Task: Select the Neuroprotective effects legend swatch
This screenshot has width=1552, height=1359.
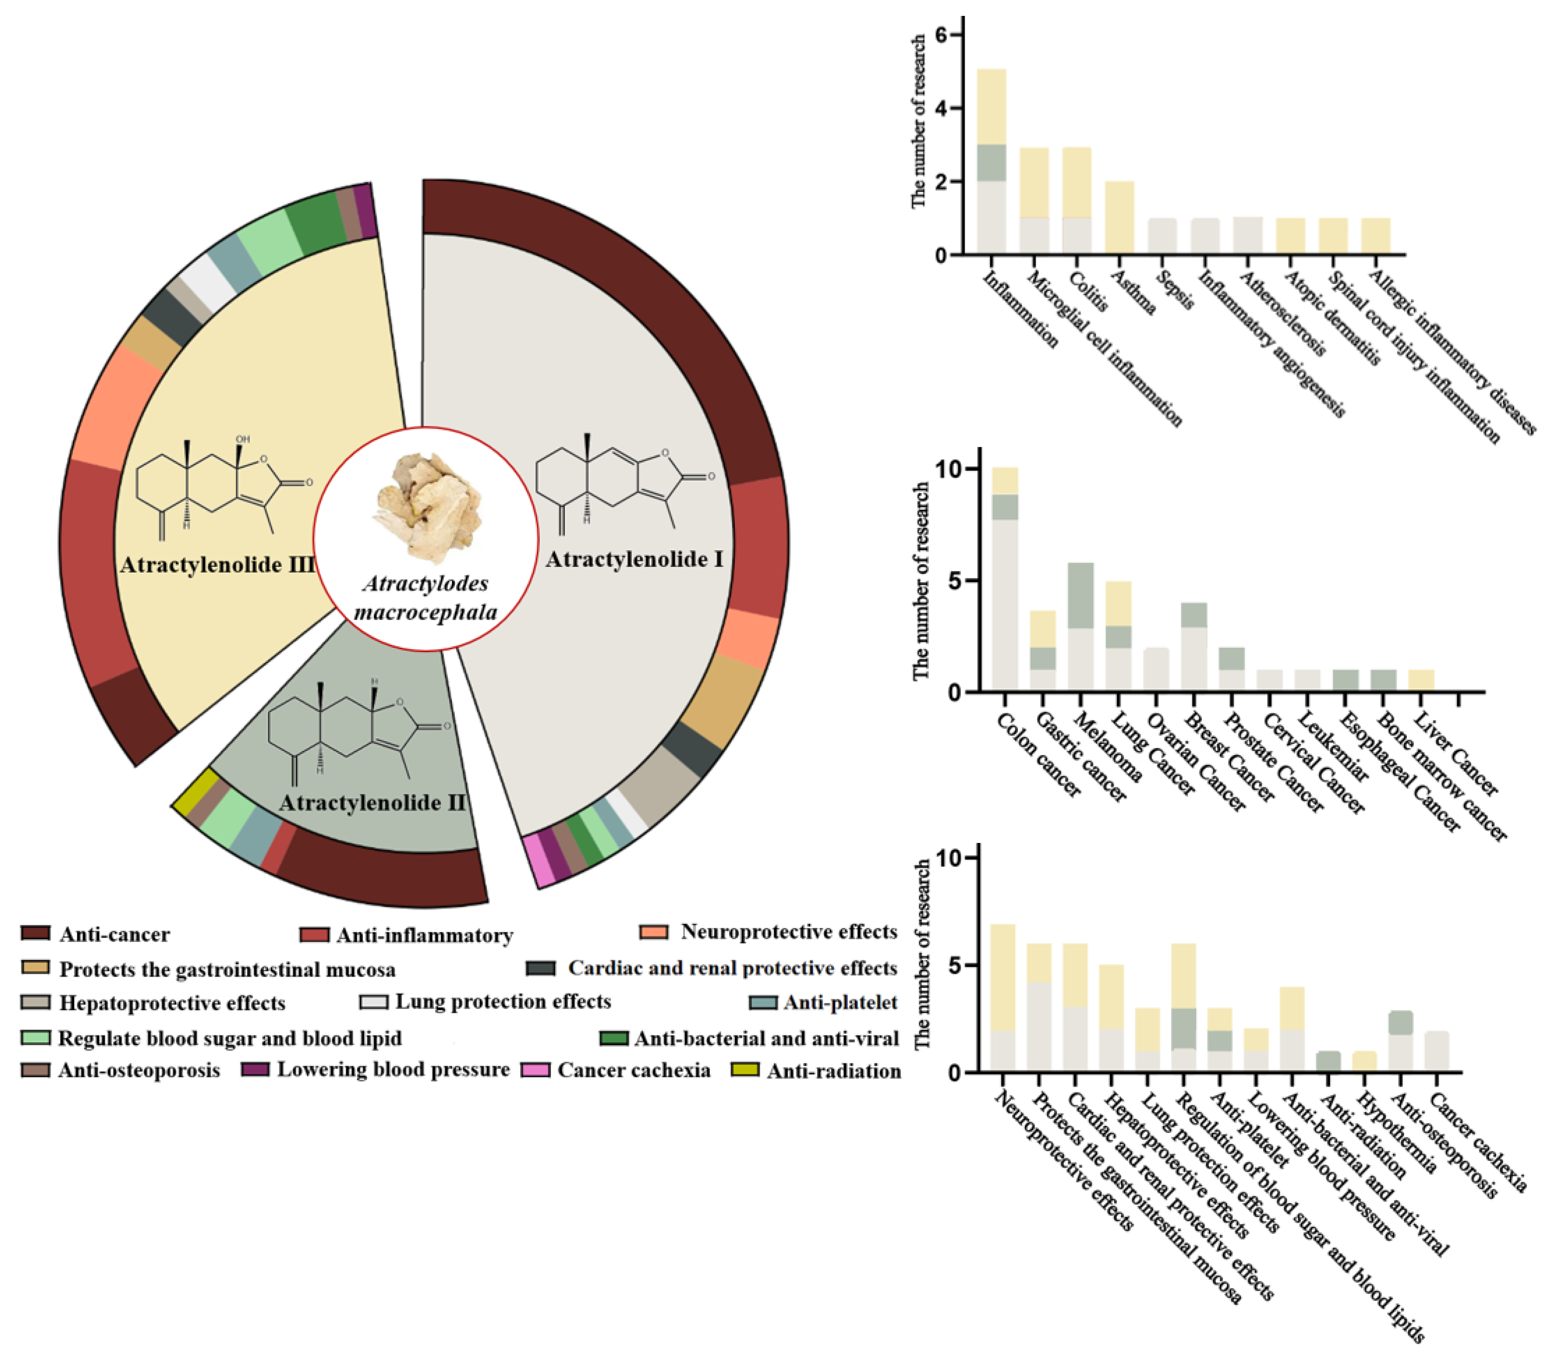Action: (654, 932)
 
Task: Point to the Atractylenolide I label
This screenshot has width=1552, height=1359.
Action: (634, 559)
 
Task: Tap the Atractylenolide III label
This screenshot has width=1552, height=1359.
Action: (217, 566)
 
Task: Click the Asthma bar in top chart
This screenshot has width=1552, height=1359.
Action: (1120, 218)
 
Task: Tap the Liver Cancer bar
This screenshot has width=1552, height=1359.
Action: (1421, 680)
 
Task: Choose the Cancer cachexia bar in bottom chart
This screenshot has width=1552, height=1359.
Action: (1436, 1051)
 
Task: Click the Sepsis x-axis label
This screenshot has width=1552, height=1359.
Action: (1174, 290)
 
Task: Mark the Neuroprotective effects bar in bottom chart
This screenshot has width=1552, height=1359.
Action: (1003, 997)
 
